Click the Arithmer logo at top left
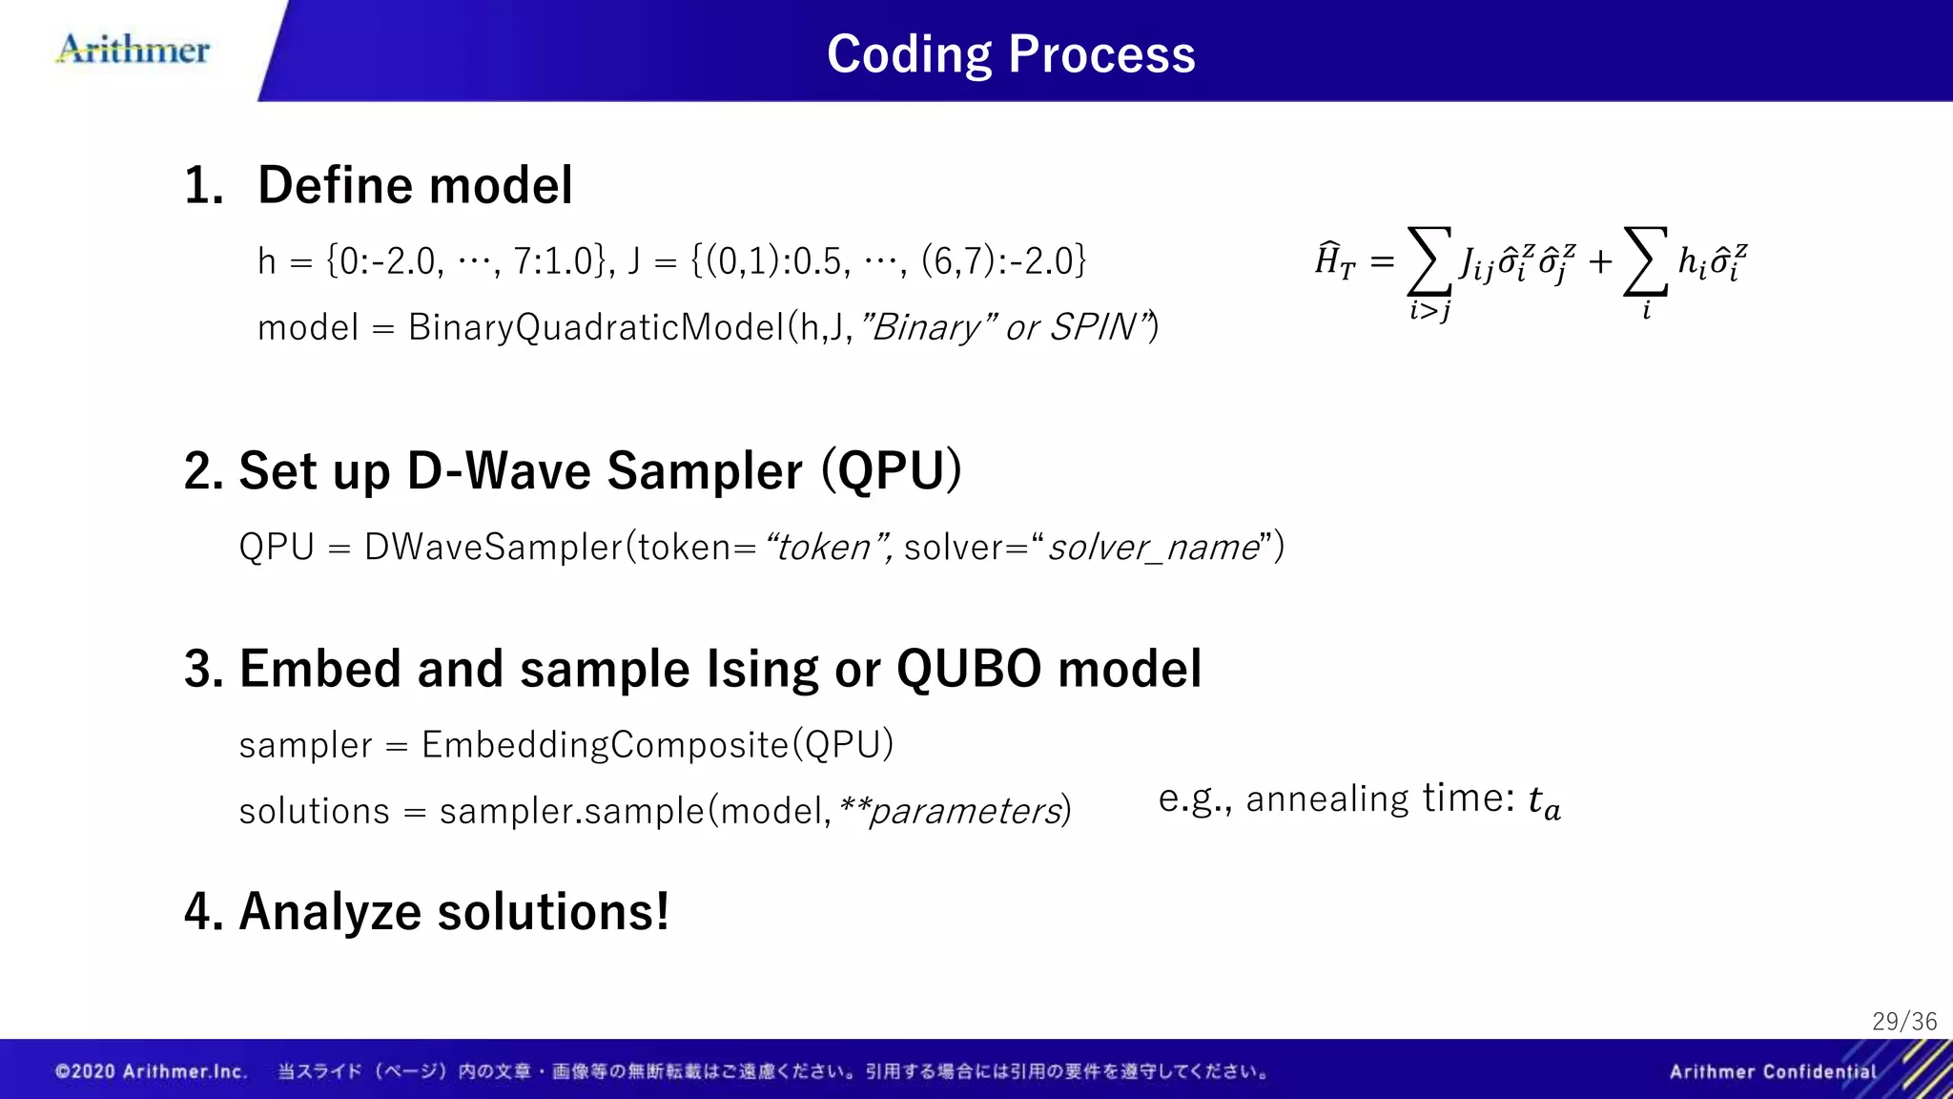click(x=134, y=50)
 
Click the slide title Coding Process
click(x=1010, y=54)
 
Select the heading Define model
click(x=415, y=185)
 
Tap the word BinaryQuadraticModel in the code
click(x=597, y=327)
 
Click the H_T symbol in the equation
click(x=1334, y=259)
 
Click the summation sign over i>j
click(x=1429, y=261)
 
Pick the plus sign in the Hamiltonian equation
click(x=1600, y=261)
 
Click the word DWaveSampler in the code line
click(x=493, y=548)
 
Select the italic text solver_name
click(x=1154, y=548)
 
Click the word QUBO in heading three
click(x=969, y=669)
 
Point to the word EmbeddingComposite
click(x=606, y=745)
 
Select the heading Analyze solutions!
click(x=426, y=911)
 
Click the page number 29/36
click(x=1903, y=1022)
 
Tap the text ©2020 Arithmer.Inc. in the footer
click(x=151, y=1071)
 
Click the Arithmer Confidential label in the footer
click(x=1772, y=1071)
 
